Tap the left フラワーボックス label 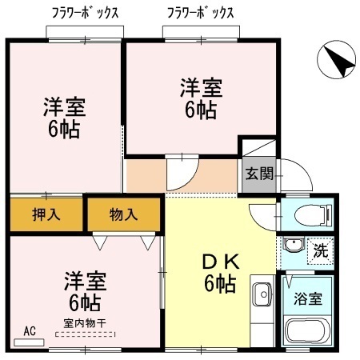pos(85,13)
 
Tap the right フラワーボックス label pos(201,13)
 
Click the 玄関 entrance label pos(258,174)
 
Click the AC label pos(30,330)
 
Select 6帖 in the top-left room pos(63,129)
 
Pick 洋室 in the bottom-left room pos(84,281)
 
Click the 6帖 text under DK pos(219,283)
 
